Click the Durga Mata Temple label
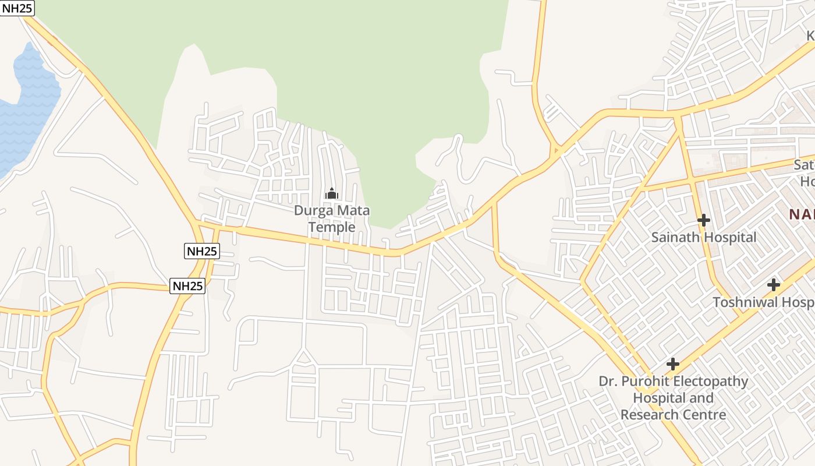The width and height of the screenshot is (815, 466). tap(332, 218)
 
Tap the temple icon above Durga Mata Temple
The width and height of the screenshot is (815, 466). tap(332, 193)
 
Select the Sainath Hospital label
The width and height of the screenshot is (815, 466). tap(704, 237)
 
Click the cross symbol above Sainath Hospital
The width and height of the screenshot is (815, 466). tap(704, 220)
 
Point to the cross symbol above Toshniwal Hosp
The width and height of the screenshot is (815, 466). tap(774, 285)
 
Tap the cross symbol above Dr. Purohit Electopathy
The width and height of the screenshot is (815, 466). tap(673, 364)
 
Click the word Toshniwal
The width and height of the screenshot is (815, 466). tap(745, 302)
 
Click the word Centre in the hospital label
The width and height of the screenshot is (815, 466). tap(706, 415)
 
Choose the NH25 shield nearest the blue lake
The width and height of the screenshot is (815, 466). tap(17, 8)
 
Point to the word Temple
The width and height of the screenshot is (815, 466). tap(332, 227)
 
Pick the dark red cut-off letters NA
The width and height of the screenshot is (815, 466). tap(802, 214)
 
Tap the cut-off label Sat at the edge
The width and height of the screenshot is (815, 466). tap(804, 165)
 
